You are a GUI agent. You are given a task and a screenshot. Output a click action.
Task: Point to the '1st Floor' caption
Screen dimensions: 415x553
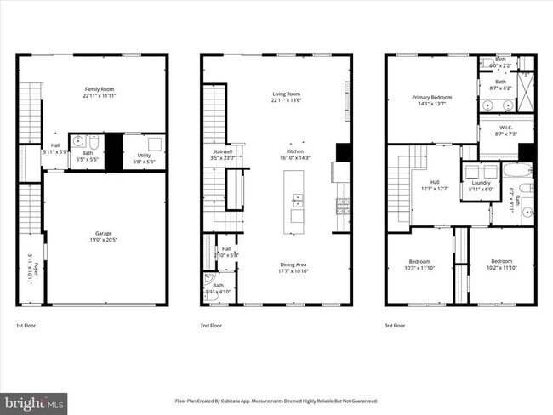coord(26,326)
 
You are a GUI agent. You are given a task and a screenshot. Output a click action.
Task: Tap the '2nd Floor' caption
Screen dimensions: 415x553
coord(212,326)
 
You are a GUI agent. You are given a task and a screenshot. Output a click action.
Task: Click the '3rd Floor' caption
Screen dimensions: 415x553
coord(395,326)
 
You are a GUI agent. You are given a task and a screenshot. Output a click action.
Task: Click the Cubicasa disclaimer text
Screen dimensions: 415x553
coord(276,401)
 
